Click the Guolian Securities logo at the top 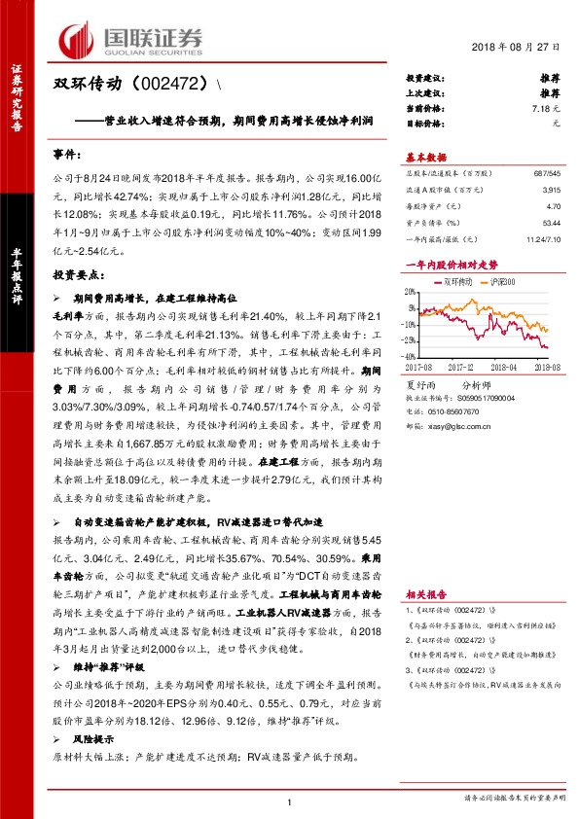(x=131, y=38)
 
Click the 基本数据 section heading (x=425, y=156)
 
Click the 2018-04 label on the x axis (x=505, y=366)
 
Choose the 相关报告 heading (x=425, y=593)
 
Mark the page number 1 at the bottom (x=290, y=801)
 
